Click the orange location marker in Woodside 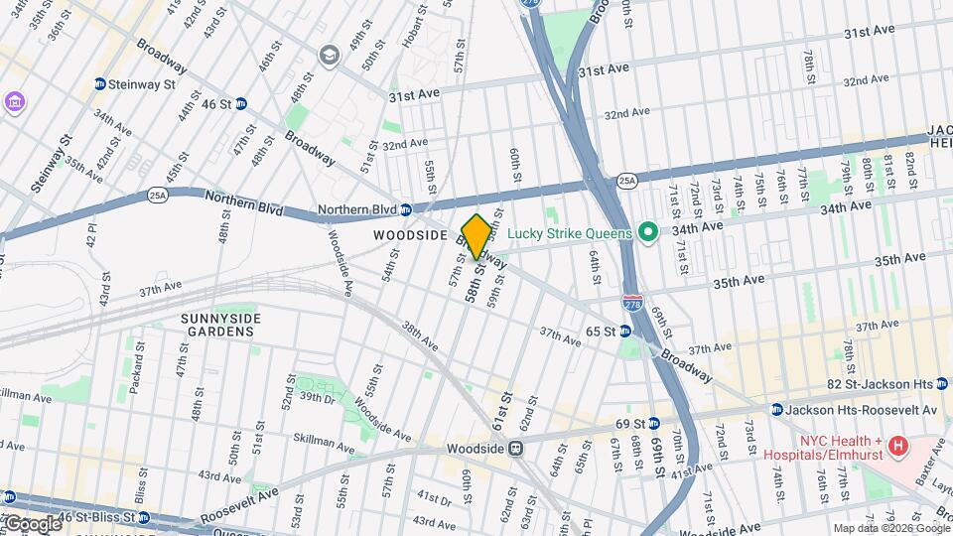click(x=476, y=236)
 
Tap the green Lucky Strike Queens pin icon click(x=648, y=233)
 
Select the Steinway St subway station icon click(x=100, y=84)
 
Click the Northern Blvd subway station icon click(x=406, y=209)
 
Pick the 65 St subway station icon click(x=625, y=331)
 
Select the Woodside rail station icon click(x=516, y=448)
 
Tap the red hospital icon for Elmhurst click(x=899, y=445)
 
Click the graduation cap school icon click(x=328, y=57)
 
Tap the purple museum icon click(x=14, y=102)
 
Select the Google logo click(x=32, y=523)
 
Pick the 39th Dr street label click(x=318, y=398)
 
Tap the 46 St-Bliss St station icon click(x=10, y=497)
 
